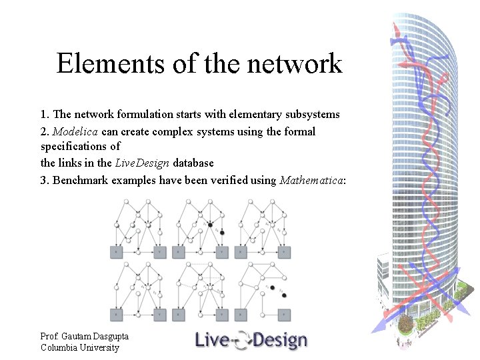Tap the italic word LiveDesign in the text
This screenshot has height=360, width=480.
click(x=142, y=163)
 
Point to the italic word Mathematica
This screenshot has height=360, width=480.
click(x=311, y=180)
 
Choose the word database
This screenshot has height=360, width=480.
click(x=193, y=163)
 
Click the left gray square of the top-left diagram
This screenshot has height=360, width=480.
click(x=117, y=252)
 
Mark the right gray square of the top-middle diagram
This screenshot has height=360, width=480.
click(x=222, y=252)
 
